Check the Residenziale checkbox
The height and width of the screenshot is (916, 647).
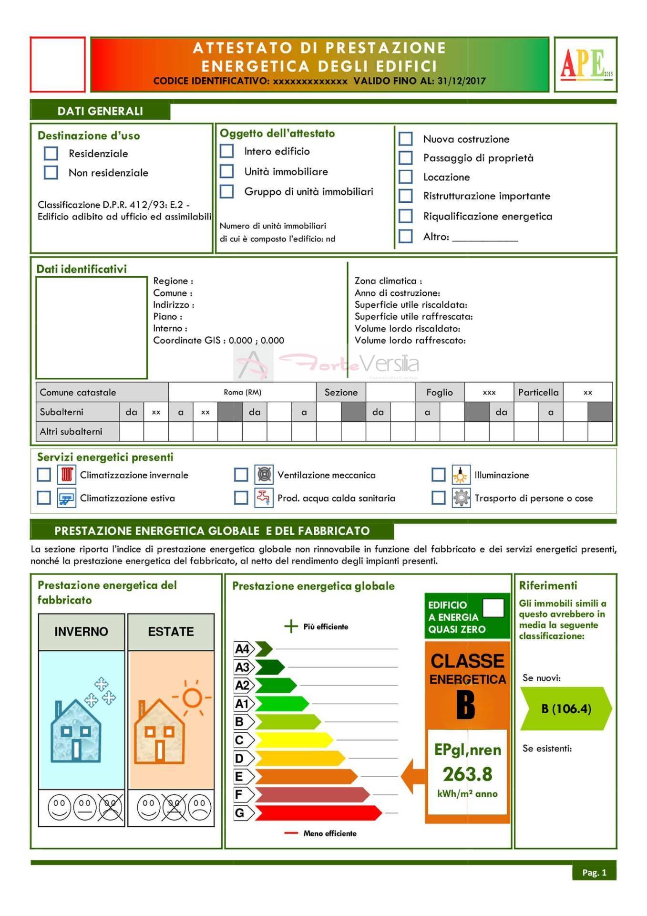click(51, 153)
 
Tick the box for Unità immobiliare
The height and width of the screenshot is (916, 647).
click(226, 171)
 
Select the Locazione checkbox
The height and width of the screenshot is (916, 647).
click(405, 177)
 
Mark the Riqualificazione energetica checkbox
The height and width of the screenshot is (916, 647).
click(405, 216)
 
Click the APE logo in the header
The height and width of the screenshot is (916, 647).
click(585, 64)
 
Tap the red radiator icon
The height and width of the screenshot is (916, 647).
click(67, 475)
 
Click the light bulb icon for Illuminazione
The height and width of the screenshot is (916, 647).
click(461, 475)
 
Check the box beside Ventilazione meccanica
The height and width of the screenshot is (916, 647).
click(241, 475)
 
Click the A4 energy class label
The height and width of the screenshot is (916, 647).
click(242, 649)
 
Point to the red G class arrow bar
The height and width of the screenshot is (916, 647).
click(317, 812)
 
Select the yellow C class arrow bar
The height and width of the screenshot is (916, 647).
click(293, 740)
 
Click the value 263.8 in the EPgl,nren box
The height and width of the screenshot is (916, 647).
click(467, 774)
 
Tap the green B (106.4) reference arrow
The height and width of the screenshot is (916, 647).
click(565, 708)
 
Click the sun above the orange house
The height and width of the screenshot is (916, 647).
click(193, 698)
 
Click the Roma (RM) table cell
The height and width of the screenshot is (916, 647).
click(242, 392)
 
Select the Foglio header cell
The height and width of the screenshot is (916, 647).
click(439, 392)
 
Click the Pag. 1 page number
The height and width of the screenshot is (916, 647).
click(594, 873)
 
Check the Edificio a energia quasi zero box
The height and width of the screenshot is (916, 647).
click(493, 608)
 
